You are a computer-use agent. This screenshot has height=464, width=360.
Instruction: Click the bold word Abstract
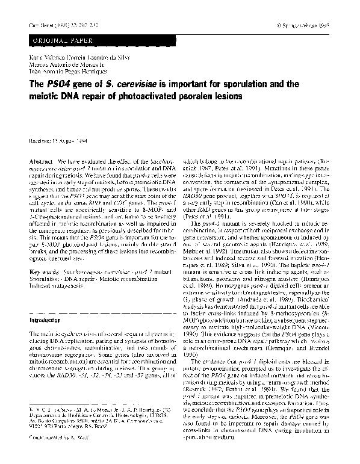39,163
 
